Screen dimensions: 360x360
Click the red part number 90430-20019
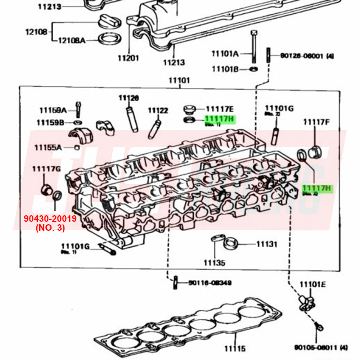click(x=50, y=219)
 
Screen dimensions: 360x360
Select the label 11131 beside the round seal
click(x=267, y=244)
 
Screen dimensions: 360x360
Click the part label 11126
click(x=129, y=98)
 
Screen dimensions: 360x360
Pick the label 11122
click(x=158, y=111)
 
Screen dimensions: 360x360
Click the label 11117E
click(x=220, y=109)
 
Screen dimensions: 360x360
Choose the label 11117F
click(x=316, y=122)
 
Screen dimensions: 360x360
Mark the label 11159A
click(x=53, y=110)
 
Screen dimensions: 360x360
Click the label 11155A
click(x=48, y=147)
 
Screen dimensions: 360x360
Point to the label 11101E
click(x=312, y=285)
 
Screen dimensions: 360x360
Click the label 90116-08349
click(x=210, y=283)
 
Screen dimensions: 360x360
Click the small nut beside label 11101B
click(x=253, y=68)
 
